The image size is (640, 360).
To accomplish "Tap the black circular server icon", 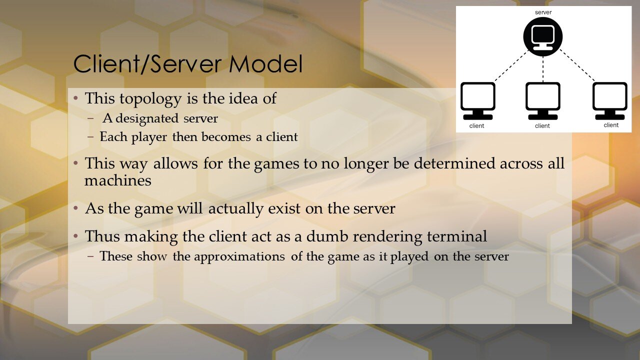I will [543, 36].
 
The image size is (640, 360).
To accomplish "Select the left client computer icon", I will [477, 100].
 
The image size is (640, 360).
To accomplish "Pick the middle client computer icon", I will [543, 100].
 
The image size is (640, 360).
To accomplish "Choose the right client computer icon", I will [609, 100].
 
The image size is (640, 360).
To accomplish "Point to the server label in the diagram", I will [543, 11].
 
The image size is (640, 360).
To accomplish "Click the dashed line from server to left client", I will [511, 65].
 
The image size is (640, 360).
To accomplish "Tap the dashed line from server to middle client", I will [543, 67].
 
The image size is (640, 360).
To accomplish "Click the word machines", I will [117, 180].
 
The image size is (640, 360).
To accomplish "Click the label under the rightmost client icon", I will [611, 125].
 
